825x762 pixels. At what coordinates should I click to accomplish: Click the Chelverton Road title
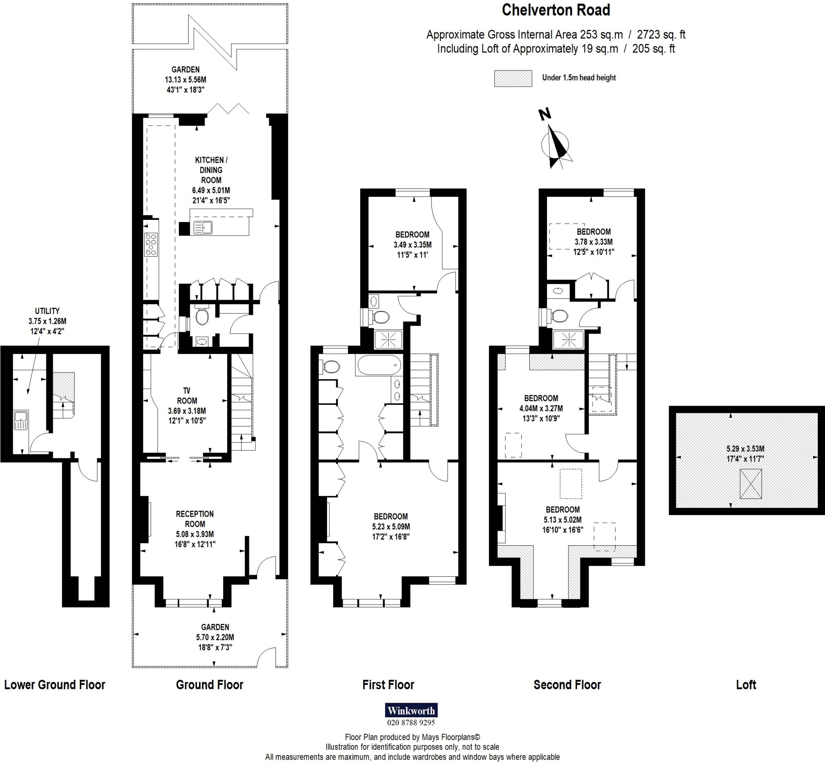click(556, 10)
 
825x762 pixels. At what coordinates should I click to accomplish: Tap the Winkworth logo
click(411, 710)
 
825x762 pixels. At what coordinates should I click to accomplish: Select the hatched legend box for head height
click(513, 79)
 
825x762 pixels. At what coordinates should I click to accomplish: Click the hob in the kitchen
click(151, 244)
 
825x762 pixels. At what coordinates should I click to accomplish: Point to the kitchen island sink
click(203, 227)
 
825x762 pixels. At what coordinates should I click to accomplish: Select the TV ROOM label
click(187, 395)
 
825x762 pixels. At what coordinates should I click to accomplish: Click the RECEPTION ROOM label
click(195, 519)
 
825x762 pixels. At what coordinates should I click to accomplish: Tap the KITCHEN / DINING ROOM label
click(211, 170)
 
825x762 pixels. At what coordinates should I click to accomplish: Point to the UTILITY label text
click(47, 311)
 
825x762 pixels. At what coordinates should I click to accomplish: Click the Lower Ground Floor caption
click(55, 685)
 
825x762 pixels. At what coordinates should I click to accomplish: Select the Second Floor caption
click(567, 685)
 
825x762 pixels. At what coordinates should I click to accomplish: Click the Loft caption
click(746, 685)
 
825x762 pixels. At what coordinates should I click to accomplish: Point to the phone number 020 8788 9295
click(411, 723)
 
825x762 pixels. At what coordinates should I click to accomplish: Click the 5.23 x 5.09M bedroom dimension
click(391, 526)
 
